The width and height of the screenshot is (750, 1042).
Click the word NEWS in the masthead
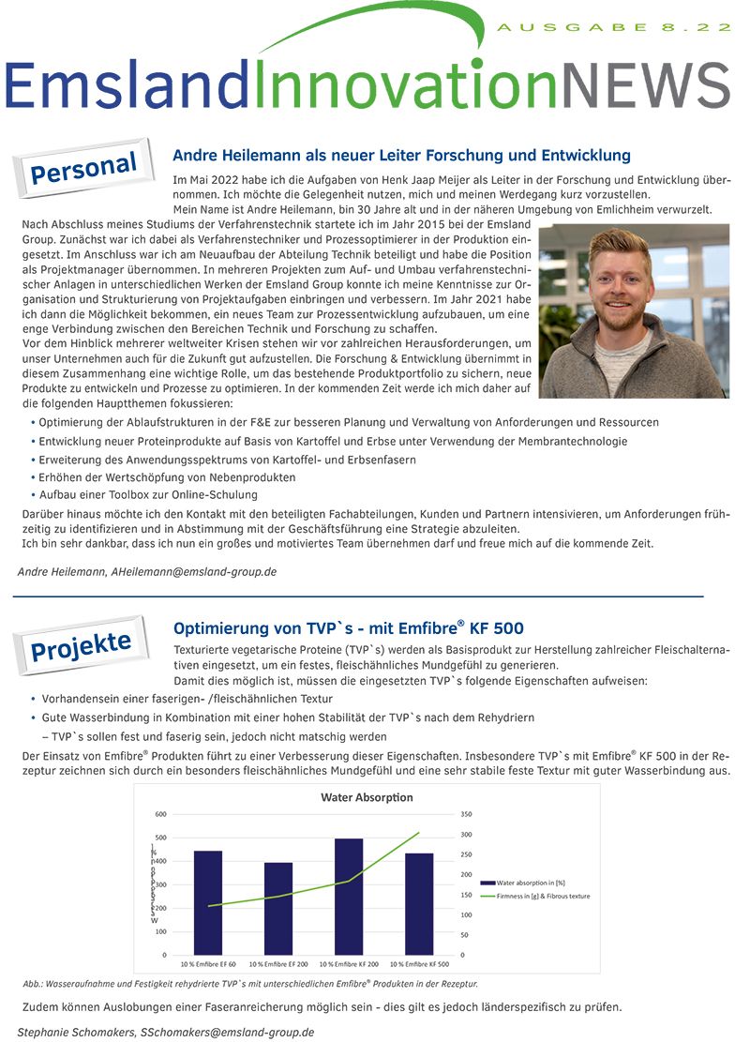[648, 86]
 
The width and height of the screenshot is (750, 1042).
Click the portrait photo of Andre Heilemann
[634, 310]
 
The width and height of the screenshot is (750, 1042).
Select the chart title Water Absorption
[367, 797]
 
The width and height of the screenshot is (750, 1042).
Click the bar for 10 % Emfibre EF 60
[208, 902]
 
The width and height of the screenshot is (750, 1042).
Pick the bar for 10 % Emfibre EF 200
[278, 908]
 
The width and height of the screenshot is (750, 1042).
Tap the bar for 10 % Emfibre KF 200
[349, 897]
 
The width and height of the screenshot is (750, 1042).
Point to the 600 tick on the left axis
[161, 814]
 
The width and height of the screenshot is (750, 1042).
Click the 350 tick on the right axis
[467, 814]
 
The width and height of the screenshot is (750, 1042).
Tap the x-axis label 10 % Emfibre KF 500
[419, 964]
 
